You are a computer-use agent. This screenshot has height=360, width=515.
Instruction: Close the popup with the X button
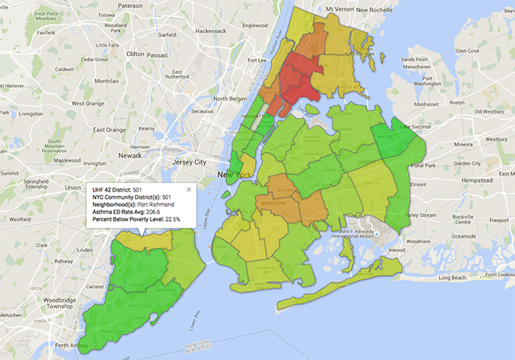point(189,188)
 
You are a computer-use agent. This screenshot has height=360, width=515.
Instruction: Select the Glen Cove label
point(467,50)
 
